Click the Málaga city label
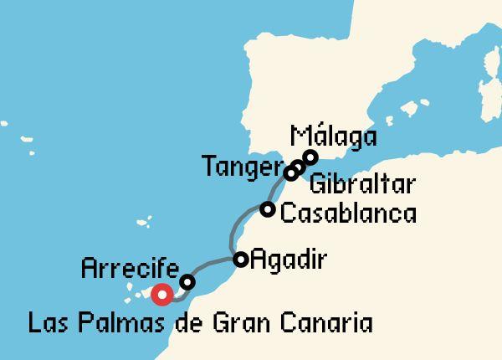point(332,136)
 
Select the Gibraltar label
point(361,185)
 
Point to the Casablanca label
point(348,213)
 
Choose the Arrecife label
point(130,269)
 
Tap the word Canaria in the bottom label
point(330,322)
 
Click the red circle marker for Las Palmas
point(161,294)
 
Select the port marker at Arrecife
point(187,282)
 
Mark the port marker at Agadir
point(241,260)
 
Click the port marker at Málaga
point(310,157)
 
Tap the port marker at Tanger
point(291,172)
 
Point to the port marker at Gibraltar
point(300,167)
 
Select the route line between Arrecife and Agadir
point(214,266)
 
